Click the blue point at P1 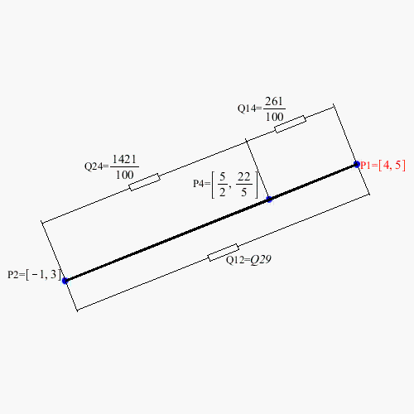coord(357,165)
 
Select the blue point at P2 coord(65,281)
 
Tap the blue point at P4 coord(269,200)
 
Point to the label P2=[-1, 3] coord(34,275)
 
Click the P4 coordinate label coord(225,185)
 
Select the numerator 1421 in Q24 coord(124,159)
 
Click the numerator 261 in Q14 coord(274,101)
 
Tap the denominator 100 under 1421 coord(125,175)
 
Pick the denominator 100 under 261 coord(275,117)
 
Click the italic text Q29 coord(261,259)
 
